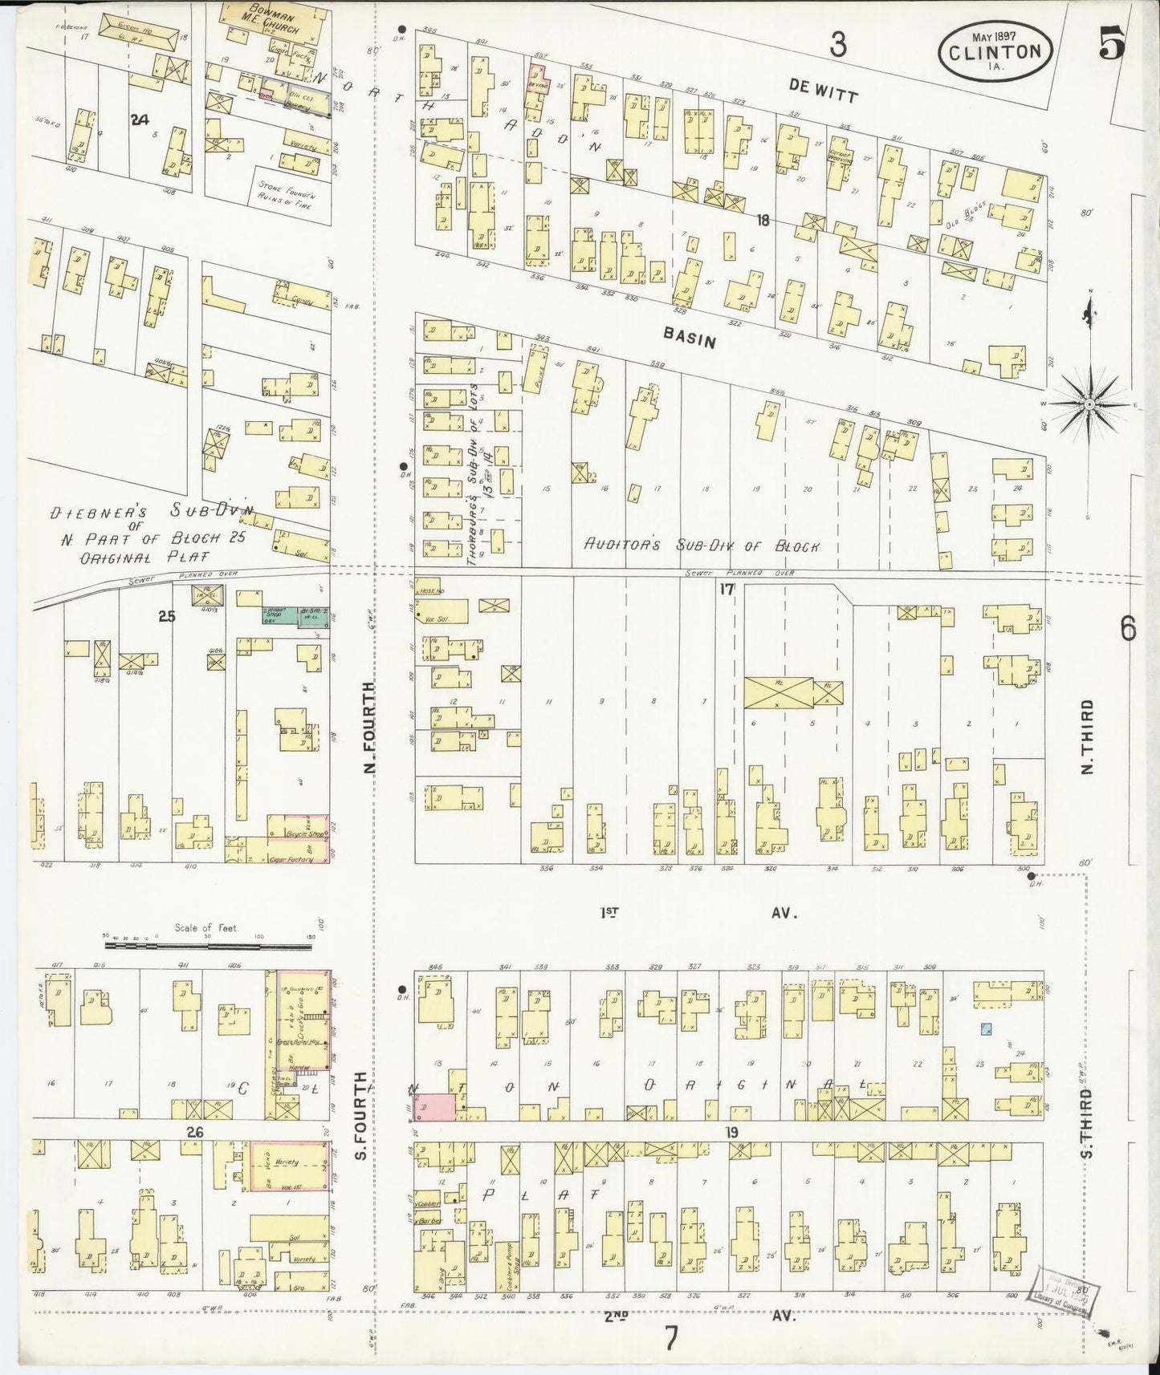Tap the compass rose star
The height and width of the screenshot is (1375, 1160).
click(x=1089, y=405)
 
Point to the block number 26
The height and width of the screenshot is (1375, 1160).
click(x=197, y=1131)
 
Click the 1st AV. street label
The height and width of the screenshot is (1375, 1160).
click(x=697, y=912)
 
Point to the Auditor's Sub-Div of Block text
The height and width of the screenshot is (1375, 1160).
click(x=700, y=546)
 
